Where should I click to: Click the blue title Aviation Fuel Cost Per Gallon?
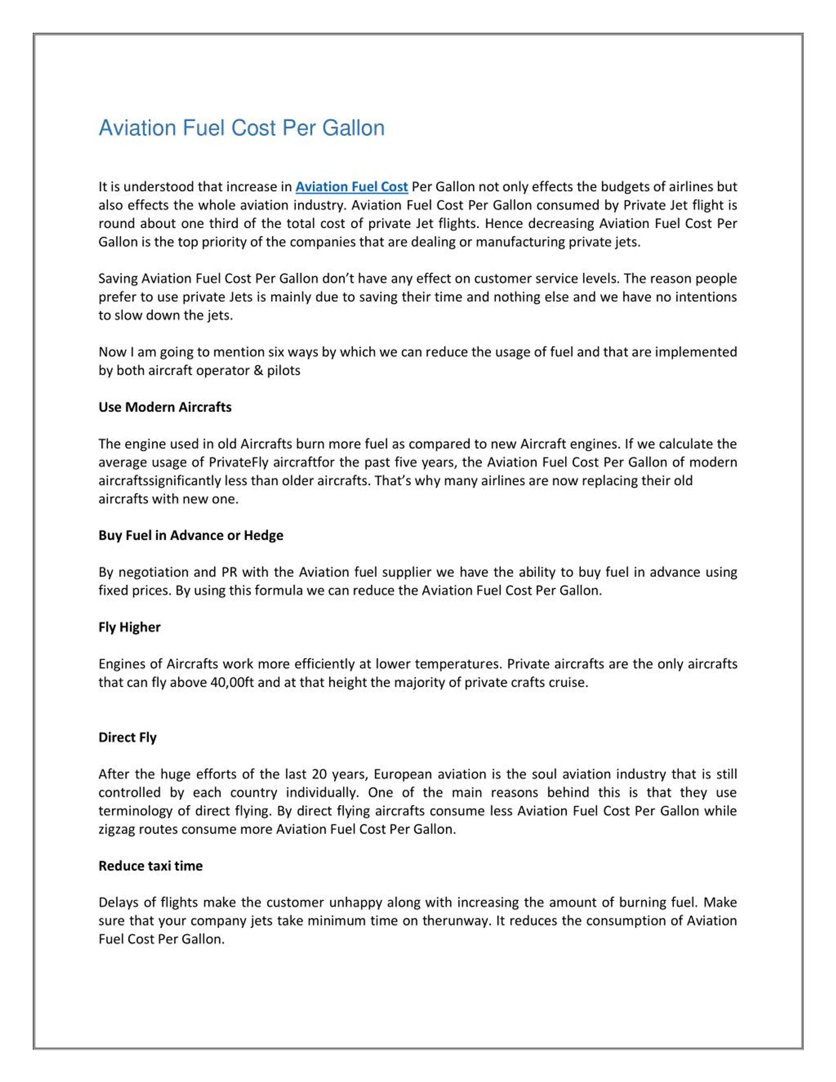(241, 128)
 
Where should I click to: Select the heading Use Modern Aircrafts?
(165, 407)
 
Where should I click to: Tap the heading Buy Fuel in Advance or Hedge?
(191, 536)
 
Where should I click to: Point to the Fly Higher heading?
(129, 627)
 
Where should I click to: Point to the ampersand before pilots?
(258, 371)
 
